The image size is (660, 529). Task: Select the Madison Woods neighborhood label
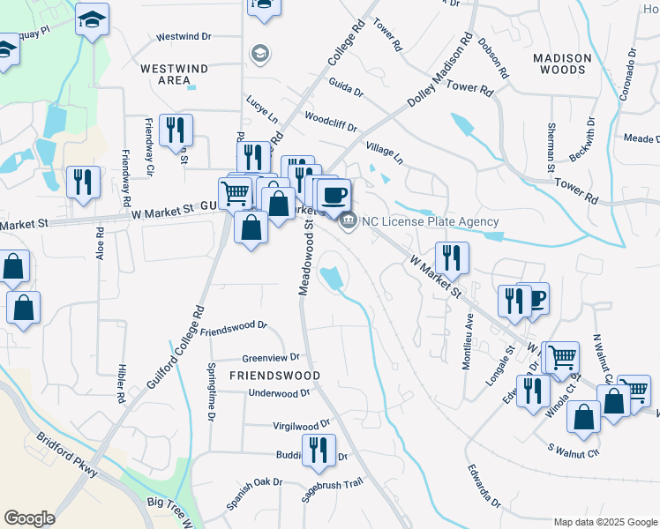(x=562, y=65)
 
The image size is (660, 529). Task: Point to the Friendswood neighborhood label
(x=274, y=375)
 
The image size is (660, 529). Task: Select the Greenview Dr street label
(x=271, y=358)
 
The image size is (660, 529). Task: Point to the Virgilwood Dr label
(x=302, y=424)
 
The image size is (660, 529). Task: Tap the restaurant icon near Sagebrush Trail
(x=319, y=449)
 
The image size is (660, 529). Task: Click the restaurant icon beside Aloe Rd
(x=83, y=182)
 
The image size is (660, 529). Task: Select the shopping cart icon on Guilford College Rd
(x=235, y=191)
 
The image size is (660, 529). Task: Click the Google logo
(x=29, y=518)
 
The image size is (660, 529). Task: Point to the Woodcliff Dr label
(x=330, y=122)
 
